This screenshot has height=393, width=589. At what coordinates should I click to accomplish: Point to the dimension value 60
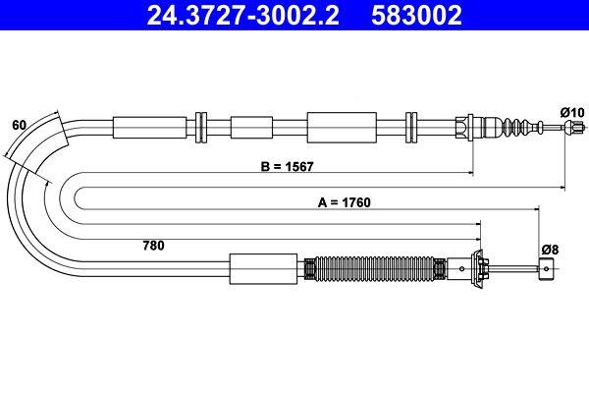click(x=18, y=125)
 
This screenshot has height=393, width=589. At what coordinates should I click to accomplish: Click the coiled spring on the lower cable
click(x=377, y=268)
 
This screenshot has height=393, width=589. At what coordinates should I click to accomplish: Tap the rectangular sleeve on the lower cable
click(x=262, y=268)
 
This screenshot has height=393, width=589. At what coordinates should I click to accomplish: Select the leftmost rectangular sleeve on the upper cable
click(x=150, y=128)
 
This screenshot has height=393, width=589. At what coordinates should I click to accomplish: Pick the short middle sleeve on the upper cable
click(x=250, y=128)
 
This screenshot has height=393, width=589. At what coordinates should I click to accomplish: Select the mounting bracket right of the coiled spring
click(x=482, y=268)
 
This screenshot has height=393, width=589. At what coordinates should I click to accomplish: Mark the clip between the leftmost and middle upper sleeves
click(x=202, y=128)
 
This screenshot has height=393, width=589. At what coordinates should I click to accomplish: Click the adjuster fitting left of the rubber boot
click(x=469, y=128)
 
